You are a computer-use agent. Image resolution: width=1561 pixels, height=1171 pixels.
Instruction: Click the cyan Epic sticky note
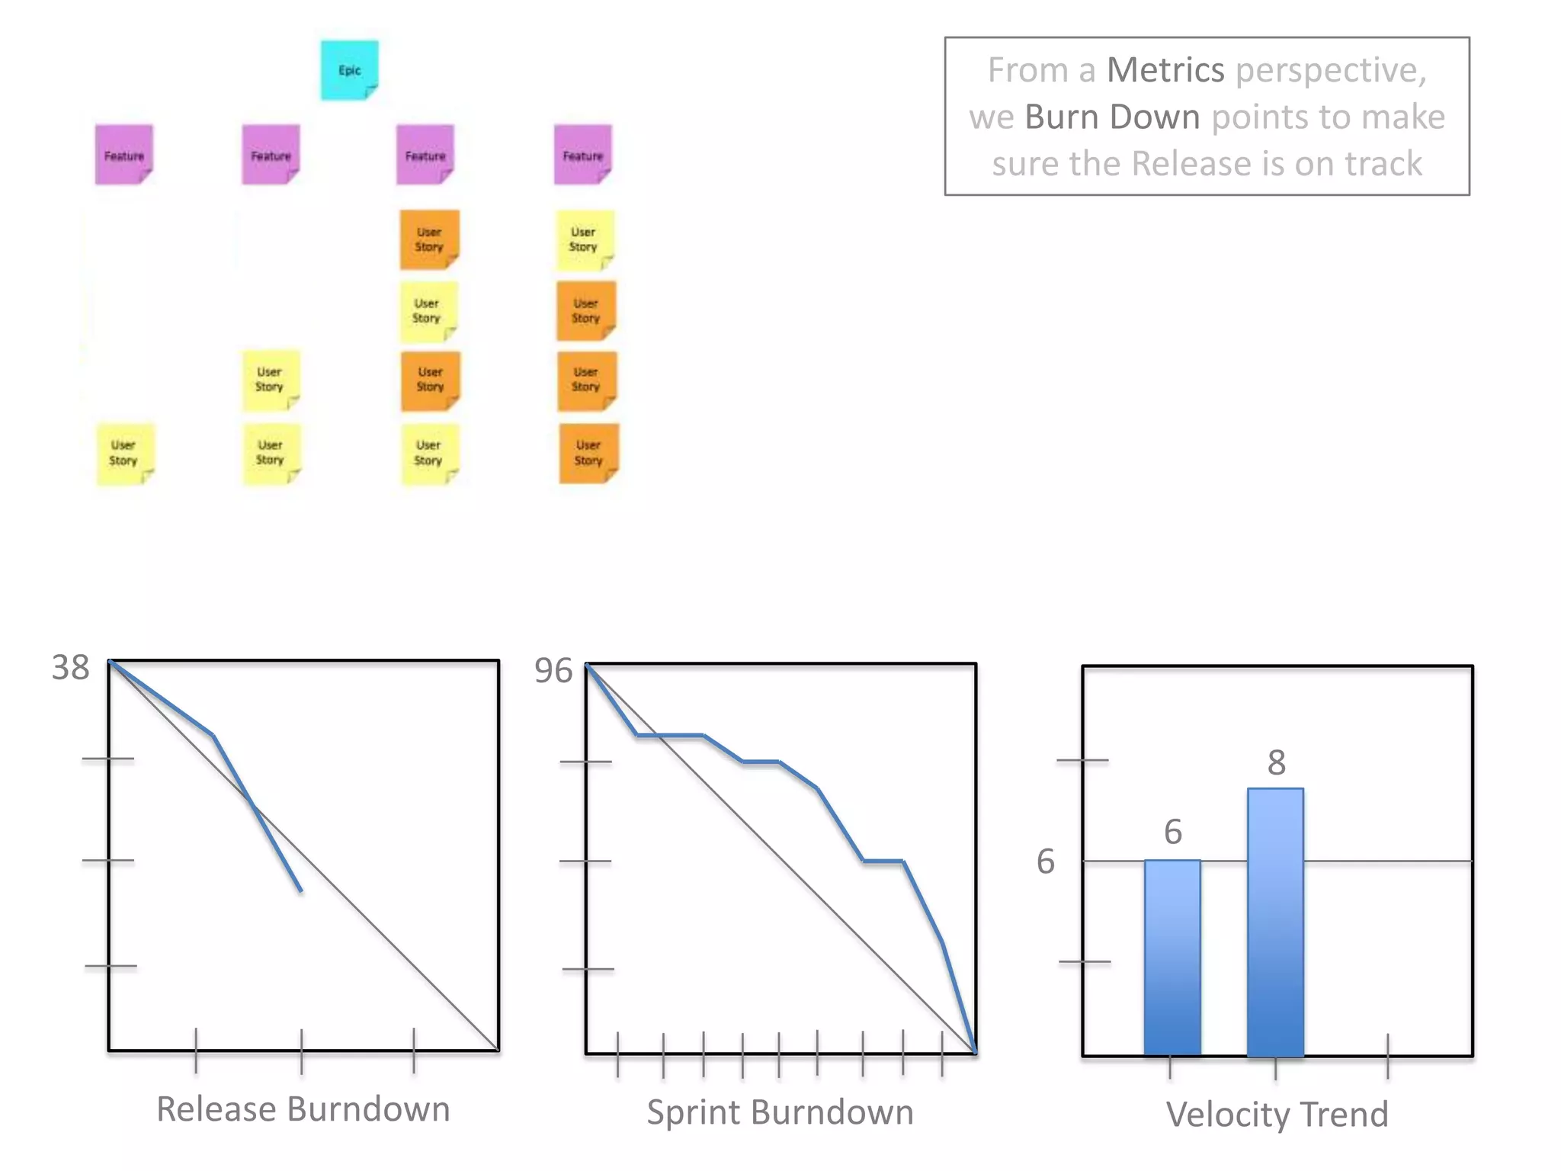pyautogui.click(x=349, y=70)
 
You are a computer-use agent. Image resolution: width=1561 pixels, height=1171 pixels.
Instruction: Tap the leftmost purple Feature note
pyautogui.click(x=123, y=155)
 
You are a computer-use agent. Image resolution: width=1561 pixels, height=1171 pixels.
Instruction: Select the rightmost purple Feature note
pyautogui.click(x=582, y=155)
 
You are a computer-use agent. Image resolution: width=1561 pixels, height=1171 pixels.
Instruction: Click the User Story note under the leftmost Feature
pyautogui.click(x=124, y=454)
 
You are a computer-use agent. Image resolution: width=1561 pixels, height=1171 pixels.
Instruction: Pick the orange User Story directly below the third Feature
pyautogui.click(x=429, y=239)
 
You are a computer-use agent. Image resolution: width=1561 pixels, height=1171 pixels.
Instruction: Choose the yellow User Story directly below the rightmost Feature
pyautogui.click(x=584, y=239)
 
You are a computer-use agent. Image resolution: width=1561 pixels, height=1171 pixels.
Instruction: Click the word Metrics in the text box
pyautogui.click(x=1165, y=70)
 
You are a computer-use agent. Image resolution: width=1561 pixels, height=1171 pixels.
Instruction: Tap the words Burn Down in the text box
pyautogui.click(x=1112, y=117)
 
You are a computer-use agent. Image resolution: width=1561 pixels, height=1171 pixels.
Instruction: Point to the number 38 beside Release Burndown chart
pyautogui.click(x=70, y=668)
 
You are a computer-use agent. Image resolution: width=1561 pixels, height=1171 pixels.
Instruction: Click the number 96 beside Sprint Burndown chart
pyautogui.click(x=553, y=671)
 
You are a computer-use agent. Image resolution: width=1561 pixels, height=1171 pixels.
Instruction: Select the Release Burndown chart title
pyautogui.click(x=303, y=1109)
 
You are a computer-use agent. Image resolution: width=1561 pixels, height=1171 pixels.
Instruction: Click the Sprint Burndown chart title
pyautogui.click(x=780, y=1112)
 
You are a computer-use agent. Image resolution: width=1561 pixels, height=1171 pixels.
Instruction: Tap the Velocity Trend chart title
pyautogui.click(x=1277, y=1115)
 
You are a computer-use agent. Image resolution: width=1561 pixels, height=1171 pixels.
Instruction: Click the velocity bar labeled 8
pyautogui.click(x=1275, y=922)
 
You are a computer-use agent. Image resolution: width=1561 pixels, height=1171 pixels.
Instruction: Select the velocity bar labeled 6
pyautogui.click(x=1172, y=958)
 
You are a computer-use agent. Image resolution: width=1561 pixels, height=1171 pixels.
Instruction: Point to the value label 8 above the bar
pyautogui.click(x=1277, y=762)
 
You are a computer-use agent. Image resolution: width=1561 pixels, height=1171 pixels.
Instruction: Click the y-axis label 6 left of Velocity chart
pyautogui.click(x=1046, y=861)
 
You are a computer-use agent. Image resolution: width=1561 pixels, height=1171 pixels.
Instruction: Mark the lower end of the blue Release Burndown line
pyautogui.click(x=301, y=890)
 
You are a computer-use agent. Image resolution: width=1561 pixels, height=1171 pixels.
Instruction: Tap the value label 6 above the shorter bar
pyautogui.click(x=1173, y=832)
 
